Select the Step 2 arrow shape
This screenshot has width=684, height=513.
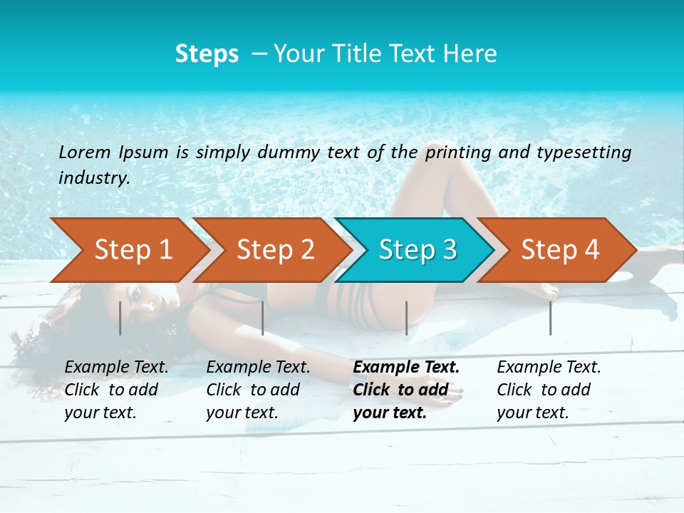[x=274, y=250]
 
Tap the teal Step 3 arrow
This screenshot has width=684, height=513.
[x=416, y=250]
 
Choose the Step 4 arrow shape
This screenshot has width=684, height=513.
[x=559, y=250]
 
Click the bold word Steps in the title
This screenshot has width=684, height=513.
[x=207, y=54]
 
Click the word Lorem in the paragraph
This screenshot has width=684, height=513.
[x=85, y=152]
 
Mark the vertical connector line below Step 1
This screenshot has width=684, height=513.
[x=120, y=318]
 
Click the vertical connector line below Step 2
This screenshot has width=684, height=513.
[x=263, y=318]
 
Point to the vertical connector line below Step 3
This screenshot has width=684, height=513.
[x=406, y=318]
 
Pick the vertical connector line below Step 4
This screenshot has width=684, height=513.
[x=550, y=318]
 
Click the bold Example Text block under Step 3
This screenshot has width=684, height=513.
[x=406, y=390]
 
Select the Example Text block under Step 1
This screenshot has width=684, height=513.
[x=116, y=390]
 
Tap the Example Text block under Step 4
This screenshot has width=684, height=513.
[x=549, y=390]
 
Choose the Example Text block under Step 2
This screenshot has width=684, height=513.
[x=258, y=390]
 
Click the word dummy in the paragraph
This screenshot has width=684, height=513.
[x=289, y=152]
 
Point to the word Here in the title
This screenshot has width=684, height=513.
[x=470, y=54]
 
